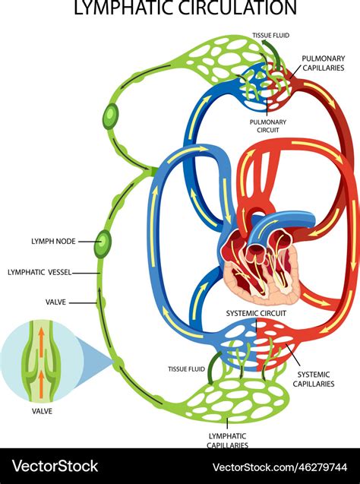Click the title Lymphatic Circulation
point(185,8)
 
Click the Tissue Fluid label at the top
point(270,35)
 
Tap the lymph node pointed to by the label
point(103,243)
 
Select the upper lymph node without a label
point(111,115)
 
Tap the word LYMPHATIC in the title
point(122,8)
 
